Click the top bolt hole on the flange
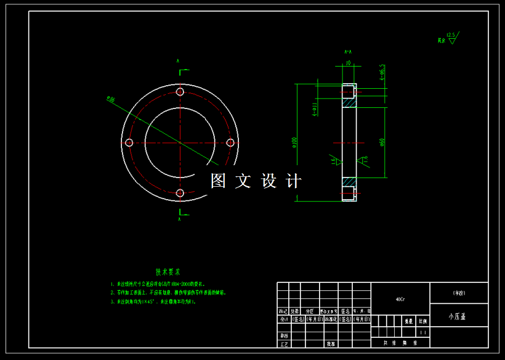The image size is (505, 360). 180,92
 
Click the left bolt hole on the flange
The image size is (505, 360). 129,143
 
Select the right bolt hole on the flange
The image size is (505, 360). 231,142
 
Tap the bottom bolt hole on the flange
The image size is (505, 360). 180,194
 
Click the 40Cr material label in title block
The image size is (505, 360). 400,299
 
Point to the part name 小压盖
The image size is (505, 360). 458,316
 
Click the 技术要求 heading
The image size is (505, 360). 168,271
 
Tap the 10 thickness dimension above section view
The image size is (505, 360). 349,63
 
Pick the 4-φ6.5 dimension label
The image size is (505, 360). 382,72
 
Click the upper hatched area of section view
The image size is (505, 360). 350,99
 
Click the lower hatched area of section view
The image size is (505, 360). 350,182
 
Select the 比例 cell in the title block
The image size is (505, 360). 422,321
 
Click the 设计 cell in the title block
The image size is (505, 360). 283,320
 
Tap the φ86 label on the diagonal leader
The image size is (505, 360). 111,99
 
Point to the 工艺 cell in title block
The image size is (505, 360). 283,343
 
